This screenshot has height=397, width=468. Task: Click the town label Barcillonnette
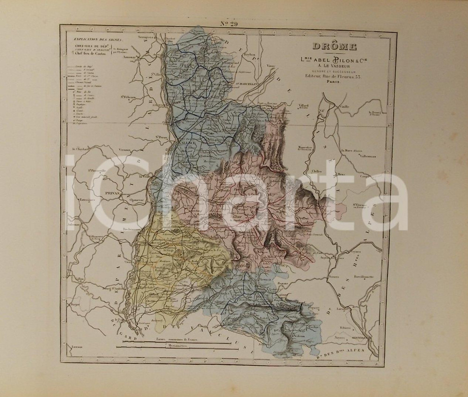[363, 276]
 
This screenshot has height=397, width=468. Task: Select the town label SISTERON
[361, 336]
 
